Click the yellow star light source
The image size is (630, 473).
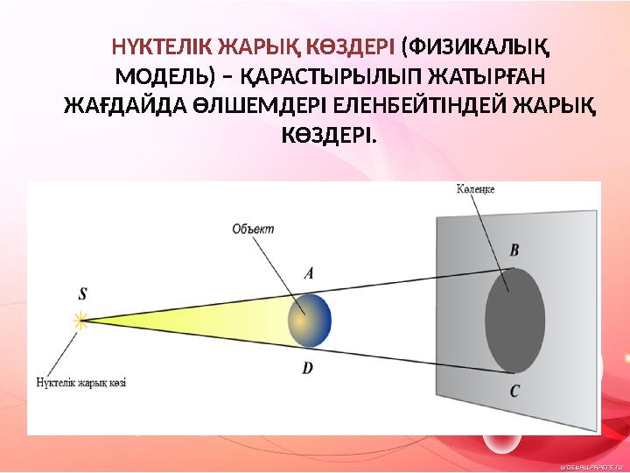coord(80,321)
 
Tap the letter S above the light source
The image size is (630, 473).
coord(82,294)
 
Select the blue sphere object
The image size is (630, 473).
coord(310,321)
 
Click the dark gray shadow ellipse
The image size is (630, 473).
coord(515,321)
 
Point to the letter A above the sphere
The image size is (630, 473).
coord(308,274)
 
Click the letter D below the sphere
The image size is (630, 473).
coord(307,368)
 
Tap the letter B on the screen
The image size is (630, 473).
coord(514,251)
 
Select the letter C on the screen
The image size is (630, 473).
coord(514,392)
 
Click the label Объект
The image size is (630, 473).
coord(253,229)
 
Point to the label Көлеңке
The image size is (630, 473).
coord(475,189)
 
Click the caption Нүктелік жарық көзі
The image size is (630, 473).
coord(81,382)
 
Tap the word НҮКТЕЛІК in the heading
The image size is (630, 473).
coord(163,47)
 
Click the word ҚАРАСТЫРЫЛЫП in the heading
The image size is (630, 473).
coord(331,77)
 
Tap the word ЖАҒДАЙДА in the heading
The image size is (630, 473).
coord(125,107)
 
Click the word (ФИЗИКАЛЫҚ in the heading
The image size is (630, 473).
coord(475,48)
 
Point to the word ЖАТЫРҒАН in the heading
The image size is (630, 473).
coord(486,77)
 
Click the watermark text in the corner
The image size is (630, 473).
coord(592,467)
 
